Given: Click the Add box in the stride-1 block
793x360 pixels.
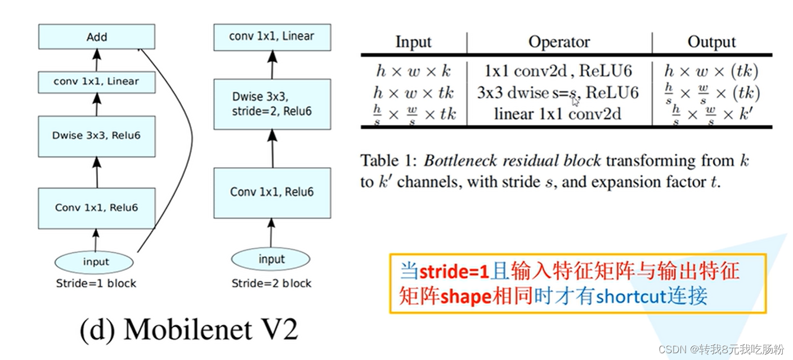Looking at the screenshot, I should (x=96, y=37).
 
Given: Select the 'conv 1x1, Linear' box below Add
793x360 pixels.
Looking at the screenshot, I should (x=96, y=82).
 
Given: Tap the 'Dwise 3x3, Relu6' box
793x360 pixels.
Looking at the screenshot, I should (x=96, y=136).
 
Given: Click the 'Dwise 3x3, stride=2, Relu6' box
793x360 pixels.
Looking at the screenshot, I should (x=272, y=103).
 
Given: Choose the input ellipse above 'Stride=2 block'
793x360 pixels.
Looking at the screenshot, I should (x=271, y=259).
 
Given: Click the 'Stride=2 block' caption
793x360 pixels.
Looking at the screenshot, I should (x=271, y=283).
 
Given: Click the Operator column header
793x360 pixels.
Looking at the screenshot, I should (x=558, y=42).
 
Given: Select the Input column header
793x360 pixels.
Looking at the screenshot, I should (x=413, y=42).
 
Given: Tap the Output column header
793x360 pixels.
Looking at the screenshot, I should (x=711, y=42).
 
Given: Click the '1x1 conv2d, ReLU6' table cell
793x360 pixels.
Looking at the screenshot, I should (x=558, y=71).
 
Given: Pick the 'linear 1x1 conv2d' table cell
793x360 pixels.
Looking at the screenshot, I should (x=557, y=114).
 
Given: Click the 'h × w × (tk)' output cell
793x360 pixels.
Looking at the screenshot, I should (x=711, y=71).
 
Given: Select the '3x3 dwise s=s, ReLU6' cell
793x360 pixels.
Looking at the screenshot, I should (x=557, y=92).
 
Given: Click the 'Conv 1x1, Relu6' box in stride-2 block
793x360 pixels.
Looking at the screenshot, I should (x=272, y=192).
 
